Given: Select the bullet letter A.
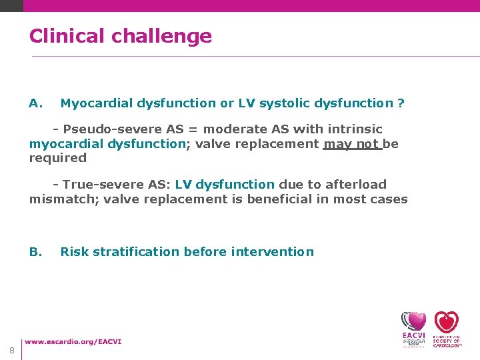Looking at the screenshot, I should (36, 103).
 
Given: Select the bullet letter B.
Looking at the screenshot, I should (36, 252).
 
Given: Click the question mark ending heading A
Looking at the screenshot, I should (401, 103).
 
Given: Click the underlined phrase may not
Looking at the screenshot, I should (351, 144).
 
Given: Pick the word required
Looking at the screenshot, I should (58, 158).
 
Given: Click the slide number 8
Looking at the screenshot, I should (12, 351).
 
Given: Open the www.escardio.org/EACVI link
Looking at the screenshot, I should (73, 342).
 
